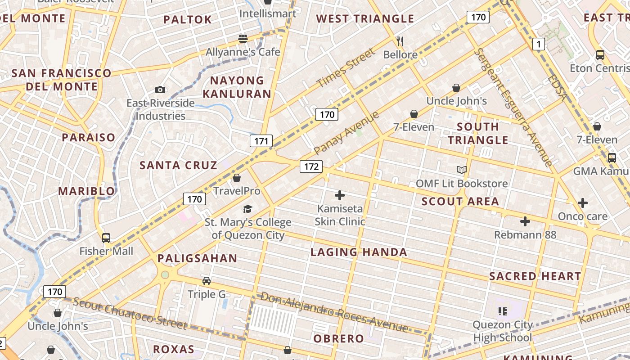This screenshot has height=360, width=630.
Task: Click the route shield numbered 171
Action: tap(261, 141)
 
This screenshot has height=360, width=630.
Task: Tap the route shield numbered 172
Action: tap(311, 166)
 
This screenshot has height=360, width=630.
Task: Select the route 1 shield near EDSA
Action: tap(538, 44)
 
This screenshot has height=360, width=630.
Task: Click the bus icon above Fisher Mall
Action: tap(106, 238)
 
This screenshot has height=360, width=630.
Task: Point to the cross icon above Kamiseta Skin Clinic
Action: tap(340, 195)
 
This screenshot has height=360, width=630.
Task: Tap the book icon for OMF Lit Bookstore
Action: tap(461, 170)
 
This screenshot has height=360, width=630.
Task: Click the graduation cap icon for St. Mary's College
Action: tap(247, 209)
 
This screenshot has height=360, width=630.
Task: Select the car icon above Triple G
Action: tap(207, 281)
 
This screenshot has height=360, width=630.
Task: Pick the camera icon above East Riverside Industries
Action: tap(160, 90)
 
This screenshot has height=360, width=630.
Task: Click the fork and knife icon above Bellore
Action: tap(400, 41)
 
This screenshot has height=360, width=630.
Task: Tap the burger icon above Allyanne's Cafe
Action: tap(243, 39)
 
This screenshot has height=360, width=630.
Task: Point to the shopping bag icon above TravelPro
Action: tap(237, 178)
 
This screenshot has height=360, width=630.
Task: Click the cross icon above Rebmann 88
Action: tap(525, 221)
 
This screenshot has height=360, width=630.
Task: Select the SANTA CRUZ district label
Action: tap(178, 165)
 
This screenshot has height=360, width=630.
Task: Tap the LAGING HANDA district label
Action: tap(359, 252)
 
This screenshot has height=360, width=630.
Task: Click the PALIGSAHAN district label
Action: tap(197, 258)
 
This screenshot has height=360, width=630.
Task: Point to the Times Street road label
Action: tap(345, 68)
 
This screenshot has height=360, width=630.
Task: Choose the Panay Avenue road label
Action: tap(346, 133)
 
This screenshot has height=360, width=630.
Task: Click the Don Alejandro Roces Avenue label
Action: tap(334, 311)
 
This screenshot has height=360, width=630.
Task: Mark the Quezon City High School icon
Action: tap(503, 311)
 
